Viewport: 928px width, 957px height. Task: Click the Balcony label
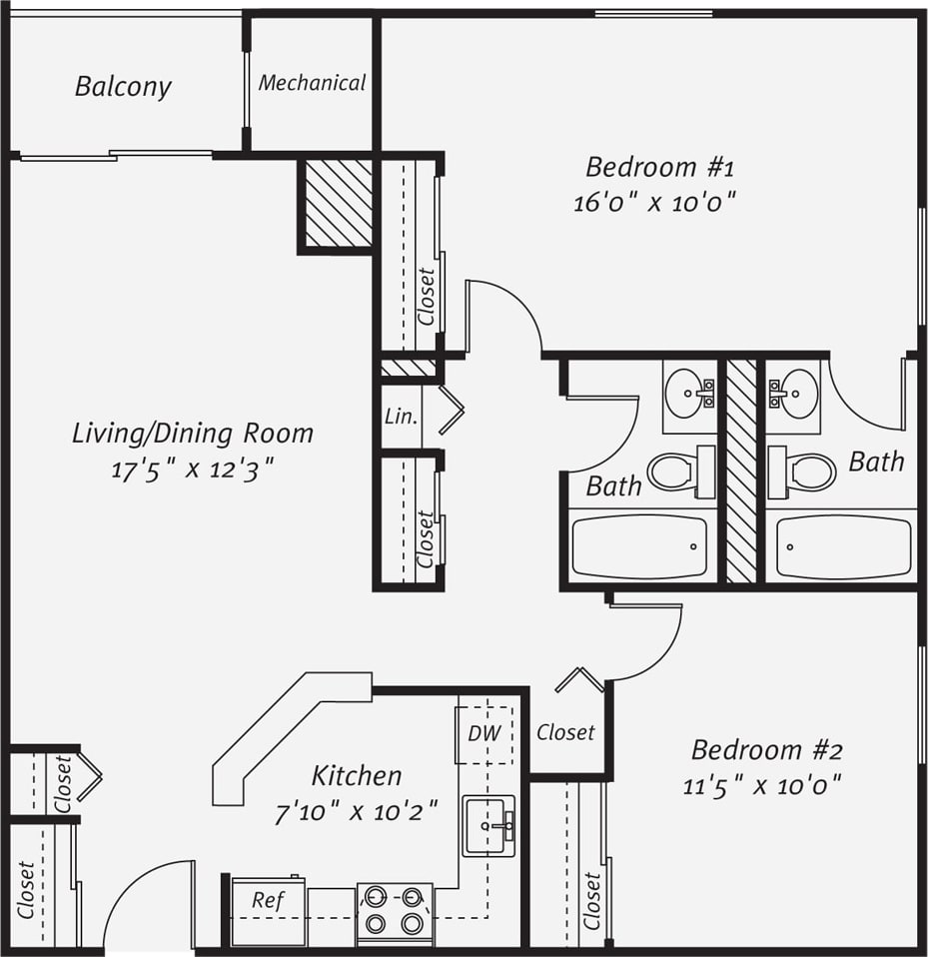pyautogui.click(x=123, y=87)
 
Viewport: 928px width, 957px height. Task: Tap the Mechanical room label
pyautogui.click(x=312, y=83)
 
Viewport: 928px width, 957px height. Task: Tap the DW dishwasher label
pyautogui.click(x=484, y=733)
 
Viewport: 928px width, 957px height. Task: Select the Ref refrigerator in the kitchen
pyautogui.click(x=269, y=911)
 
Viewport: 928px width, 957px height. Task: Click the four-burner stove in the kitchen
pyautogui.click(x=395, y=911)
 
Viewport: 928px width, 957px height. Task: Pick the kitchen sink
pyautogui.click(x=488, y=825)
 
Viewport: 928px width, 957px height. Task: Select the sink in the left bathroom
pyautogui.click(x=689, y=393)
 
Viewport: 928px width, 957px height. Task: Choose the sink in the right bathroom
pyautogui.click(x=794, y=393)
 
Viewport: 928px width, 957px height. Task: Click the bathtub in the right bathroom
pyautogui.click(x=843, y=546)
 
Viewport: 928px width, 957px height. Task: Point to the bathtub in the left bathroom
pyautogui.click(x=639, y=546)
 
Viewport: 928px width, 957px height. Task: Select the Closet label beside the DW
pyautogui.click(x=565, y=732)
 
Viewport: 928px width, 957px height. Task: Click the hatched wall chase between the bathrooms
pyautogui.click(x=741, y=470)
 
